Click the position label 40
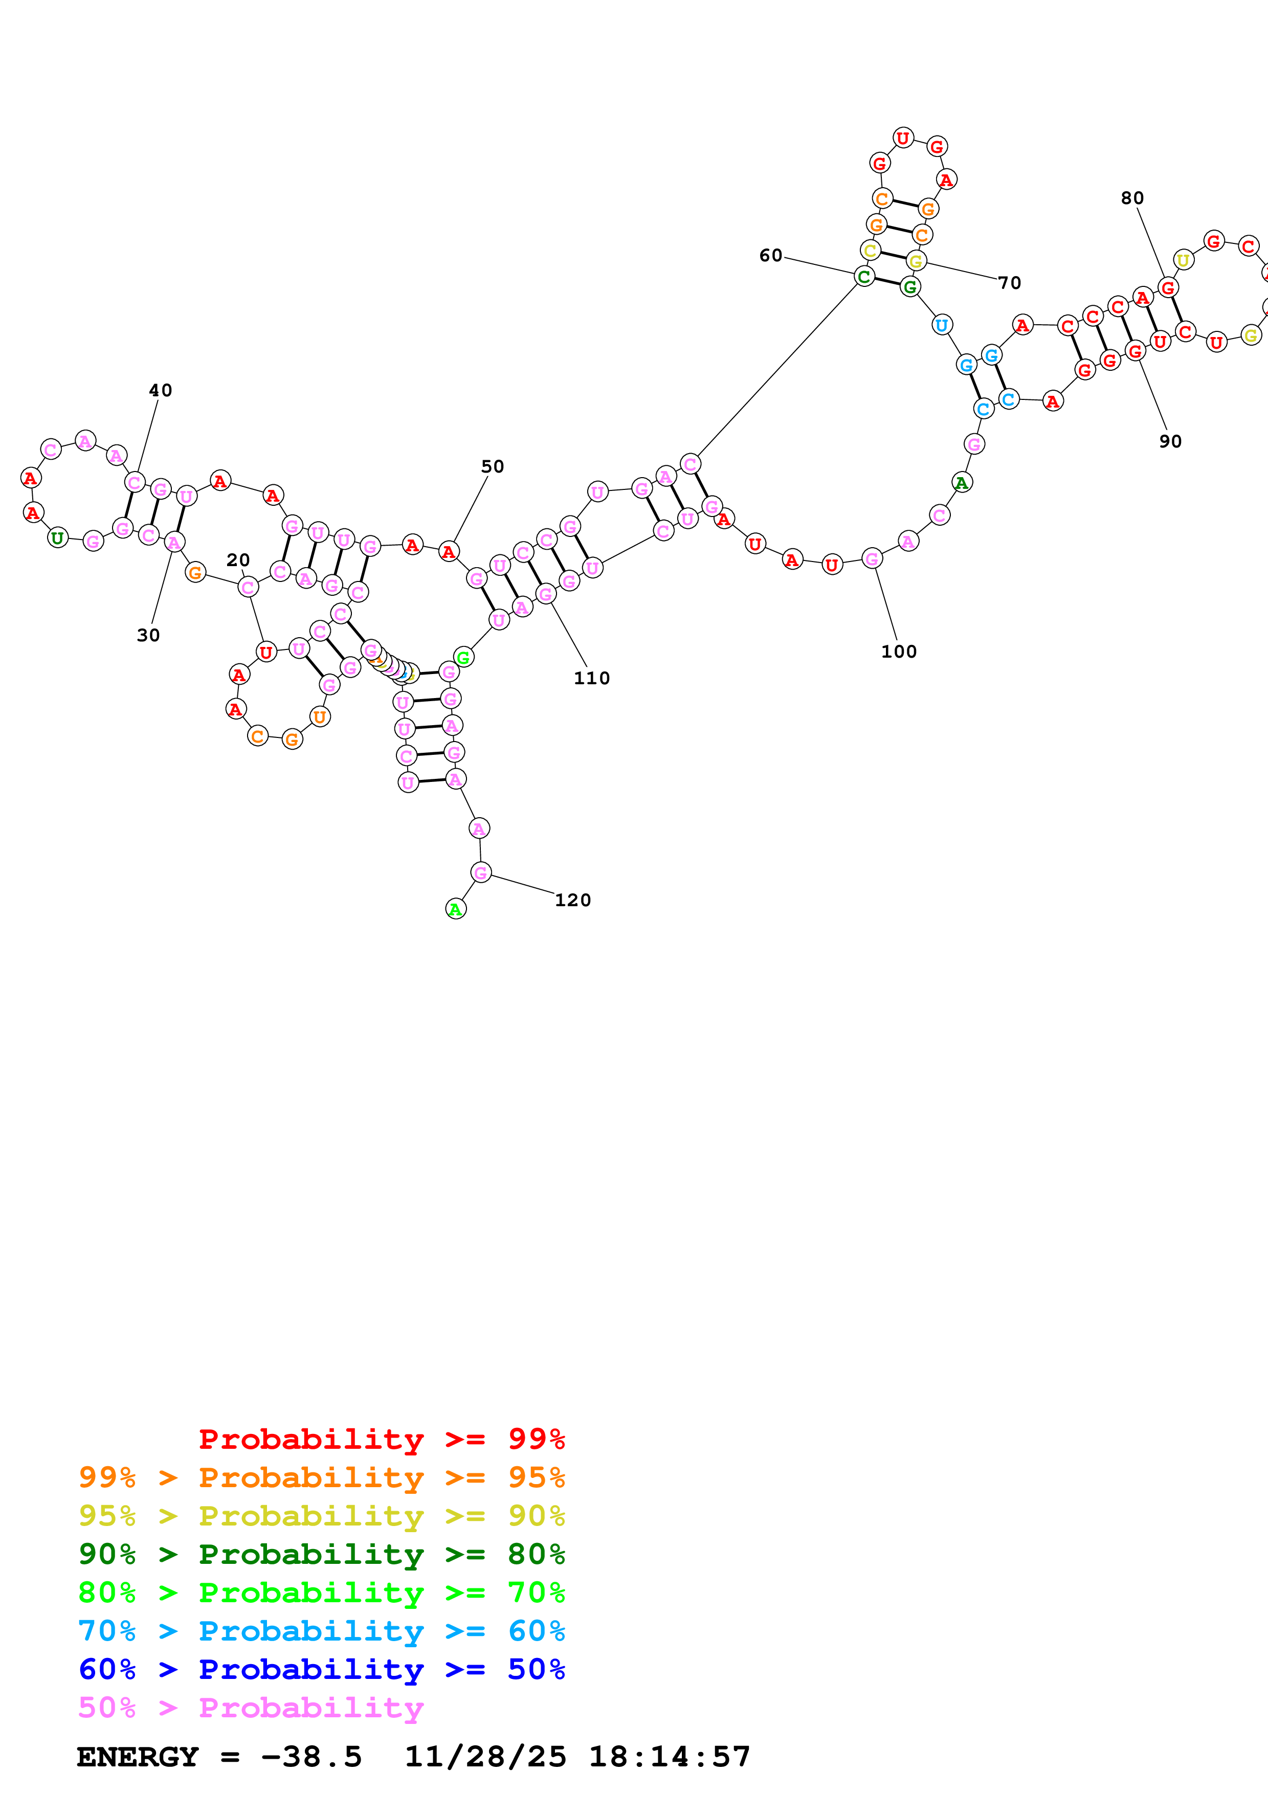coord(160,390)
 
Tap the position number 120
coord(573,900)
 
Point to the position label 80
coord(1132,198)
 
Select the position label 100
coord(899,652)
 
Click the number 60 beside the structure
coord(770,256)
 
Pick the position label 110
coord(591,678)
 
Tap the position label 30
coord(148,635)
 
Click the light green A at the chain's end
coord(455,909)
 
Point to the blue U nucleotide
coord(942,325)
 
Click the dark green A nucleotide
coord(962,482)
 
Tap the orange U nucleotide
coord(320,716)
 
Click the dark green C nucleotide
coord(864,276)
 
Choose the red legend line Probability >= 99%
coord(381,1439)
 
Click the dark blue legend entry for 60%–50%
coord(321,1669)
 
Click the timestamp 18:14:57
coord(669,1757)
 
